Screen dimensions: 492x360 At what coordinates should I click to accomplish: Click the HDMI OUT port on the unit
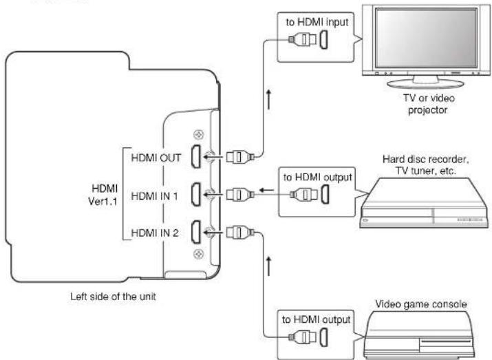click(196, 156)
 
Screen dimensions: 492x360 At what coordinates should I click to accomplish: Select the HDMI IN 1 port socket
click(196, 195)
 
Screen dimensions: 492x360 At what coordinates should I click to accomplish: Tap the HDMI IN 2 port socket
click(196, 232)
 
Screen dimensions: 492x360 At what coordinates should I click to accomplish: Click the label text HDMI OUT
click(156, 158)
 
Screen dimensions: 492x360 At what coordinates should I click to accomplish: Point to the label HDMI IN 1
click(154, 196)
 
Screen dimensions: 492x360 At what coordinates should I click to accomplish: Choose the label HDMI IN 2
click(155, 233)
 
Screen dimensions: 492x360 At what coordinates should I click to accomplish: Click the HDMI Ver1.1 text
click(103, 195)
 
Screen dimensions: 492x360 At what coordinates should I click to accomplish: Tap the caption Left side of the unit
click(113, 297)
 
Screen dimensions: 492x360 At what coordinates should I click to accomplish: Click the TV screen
click(426, 38)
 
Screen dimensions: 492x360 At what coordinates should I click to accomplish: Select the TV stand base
click(425, 83)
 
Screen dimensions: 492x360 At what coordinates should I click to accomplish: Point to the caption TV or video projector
click(429, 104)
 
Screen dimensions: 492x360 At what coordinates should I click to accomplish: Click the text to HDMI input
click(317, 22)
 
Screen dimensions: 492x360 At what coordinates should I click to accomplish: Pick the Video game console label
click(421, 304)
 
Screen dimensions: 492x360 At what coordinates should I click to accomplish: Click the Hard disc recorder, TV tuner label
click(426, 165)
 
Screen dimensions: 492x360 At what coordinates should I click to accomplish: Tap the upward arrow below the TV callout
click(268, 100)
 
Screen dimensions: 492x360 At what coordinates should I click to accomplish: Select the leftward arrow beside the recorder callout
click(266, 190)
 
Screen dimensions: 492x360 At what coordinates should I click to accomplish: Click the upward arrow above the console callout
click(268, 266)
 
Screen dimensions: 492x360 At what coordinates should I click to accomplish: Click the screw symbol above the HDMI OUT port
click(198, 135)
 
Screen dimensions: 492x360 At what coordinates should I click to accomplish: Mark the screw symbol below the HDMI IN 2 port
click(198, 253)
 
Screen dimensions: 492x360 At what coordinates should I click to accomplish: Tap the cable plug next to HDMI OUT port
click(240, 156)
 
